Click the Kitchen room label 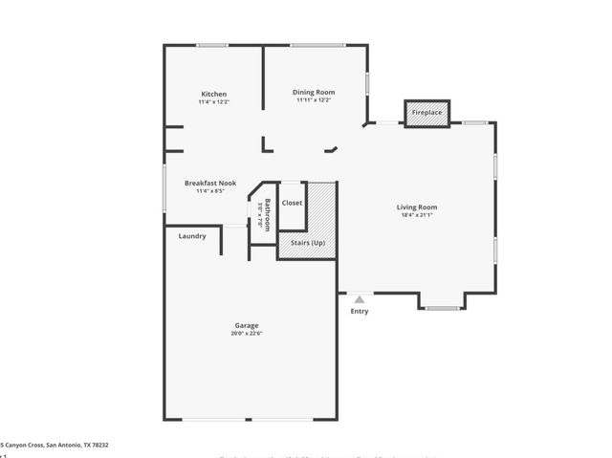click(x=214, y=94)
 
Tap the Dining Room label click(x=314, y=92)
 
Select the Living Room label click(x=417, y=207)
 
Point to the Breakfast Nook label click(x=210, y=183)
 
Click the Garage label click(x=247, y=325)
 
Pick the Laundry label click(x=192, y=235)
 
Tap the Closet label click(x=292, y=203)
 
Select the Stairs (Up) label click(x=308, y=243)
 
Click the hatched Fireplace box click(x=427, y=113)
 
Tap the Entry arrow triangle click(x=360, y=299)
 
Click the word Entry click(x=360, y=311)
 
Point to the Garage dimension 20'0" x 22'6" click(x=247, y=334)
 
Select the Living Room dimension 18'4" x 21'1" click(x=417, y=215)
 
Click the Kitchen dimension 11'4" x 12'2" click(x=214, y=101)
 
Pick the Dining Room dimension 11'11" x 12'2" click(x=314, y=99)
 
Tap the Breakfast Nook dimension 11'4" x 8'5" click(x=210, y=190)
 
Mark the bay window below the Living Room click(x=441, y=308)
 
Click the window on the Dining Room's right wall click(x=367, y=82)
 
